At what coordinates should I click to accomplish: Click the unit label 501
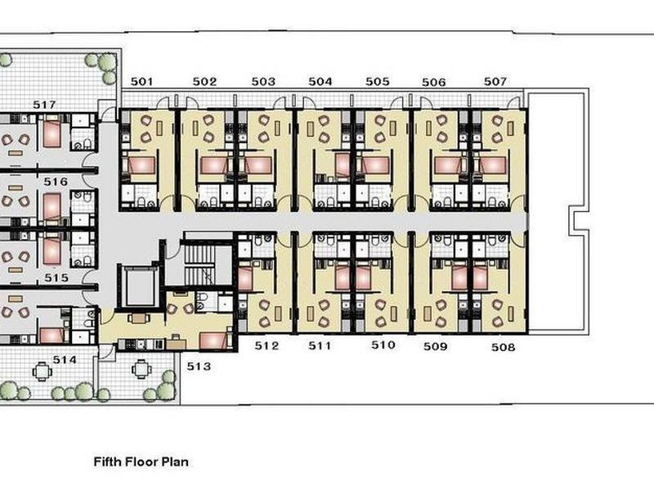pos(141,81)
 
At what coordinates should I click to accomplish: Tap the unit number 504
pos(320,81)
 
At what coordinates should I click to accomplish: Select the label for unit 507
pos(495,81)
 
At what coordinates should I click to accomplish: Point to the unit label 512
pos(267,345)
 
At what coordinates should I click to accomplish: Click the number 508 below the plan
pos(503,347)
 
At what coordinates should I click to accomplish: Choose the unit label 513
pos(199,366)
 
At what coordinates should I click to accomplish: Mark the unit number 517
pos(44,105)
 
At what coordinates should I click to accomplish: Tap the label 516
pos(56,182)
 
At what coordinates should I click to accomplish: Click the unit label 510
pos(383,345)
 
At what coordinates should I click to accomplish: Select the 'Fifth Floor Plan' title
pos(141,462)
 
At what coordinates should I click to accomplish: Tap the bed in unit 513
pos(214,340)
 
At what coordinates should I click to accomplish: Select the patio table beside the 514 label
pos(42,372)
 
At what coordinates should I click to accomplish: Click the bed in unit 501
pos(141,165)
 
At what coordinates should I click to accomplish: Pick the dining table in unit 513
pos(138,318)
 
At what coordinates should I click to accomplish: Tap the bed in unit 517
pos(52,133)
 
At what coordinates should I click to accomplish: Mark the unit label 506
pos(434,83)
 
